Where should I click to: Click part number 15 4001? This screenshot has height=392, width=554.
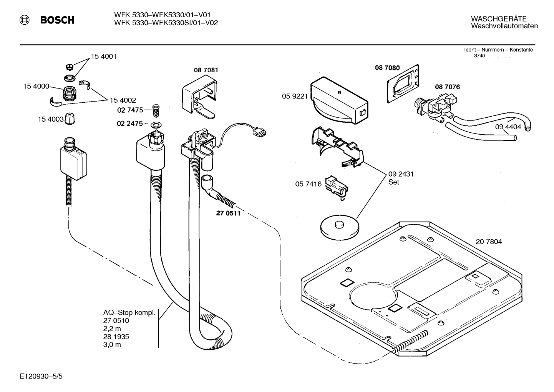coord(103,57)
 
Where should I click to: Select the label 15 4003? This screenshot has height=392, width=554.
coord(50,120)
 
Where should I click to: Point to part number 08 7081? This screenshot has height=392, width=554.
coord(206,70)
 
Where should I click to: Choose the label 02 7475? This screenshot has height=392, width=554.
coord(130,110)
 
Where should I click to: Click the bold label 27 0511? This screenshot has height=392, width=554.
coord(228,214)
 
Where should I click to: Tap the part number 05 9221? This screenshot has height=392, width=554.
coord(295,97)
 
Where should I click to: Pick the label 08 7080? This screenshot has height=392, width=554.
coord(387,68)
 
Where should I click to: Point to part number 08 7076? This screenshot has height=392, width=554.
coord(447,87)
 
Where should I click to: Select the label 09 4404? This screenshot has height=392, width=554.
coord(508,127)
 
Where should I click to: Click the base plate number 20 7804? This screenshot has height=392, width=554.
coord(489,242)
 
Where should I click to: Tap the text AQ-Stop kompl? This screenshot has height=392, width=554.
coord(129,312)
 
